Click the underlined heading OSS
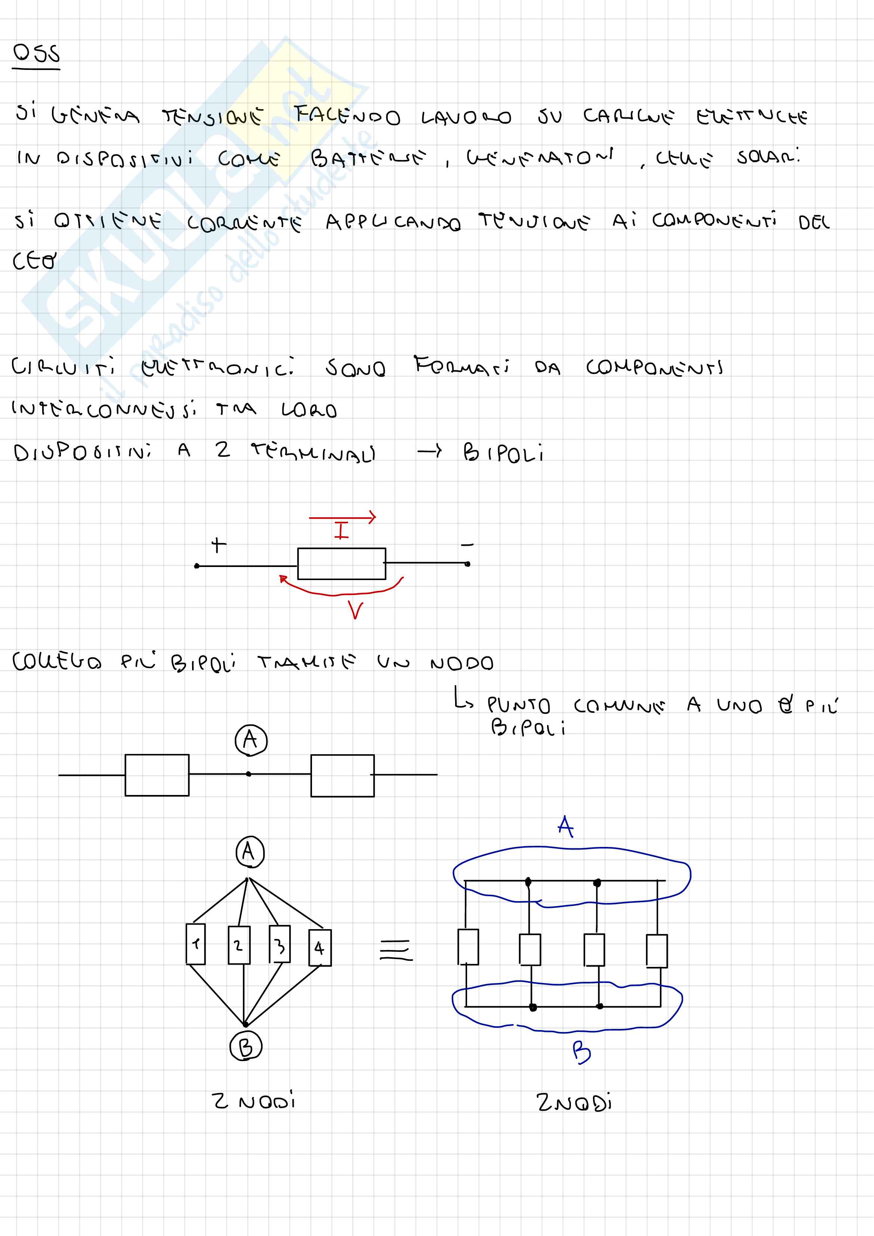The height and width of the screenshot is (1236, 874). click(36, 54)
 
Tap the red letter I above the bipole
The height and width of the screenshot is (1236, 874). click(341, 530)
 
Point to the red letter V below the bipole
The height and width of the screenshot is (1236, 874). click(355, 610)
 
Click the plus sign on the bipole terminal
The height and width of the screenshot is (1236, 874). click(218, 545)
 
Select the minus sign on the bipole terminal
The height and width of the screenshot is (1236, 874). click(467, 545)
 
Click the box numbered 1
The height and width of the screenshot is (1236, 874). click(195, 944)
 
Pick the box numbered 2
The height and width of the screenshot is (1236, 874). click(238, 945)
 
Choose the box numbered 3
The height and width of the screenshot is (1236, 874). click(280, 944)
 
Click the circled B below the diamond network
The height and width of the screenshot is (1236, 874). click(245, 1047)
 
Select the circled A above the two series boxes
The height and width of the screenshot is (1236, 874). click(251, 740)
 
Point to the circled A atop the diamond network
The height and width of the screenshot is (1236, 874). click(250, 852)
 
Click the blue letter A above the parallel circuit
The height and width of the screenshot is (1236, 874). click(565, 826)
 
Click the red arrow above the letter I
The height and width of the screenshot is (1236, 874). click(342, 518)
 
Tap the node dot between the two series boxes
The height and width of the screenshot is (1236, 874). click(248, 774)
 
